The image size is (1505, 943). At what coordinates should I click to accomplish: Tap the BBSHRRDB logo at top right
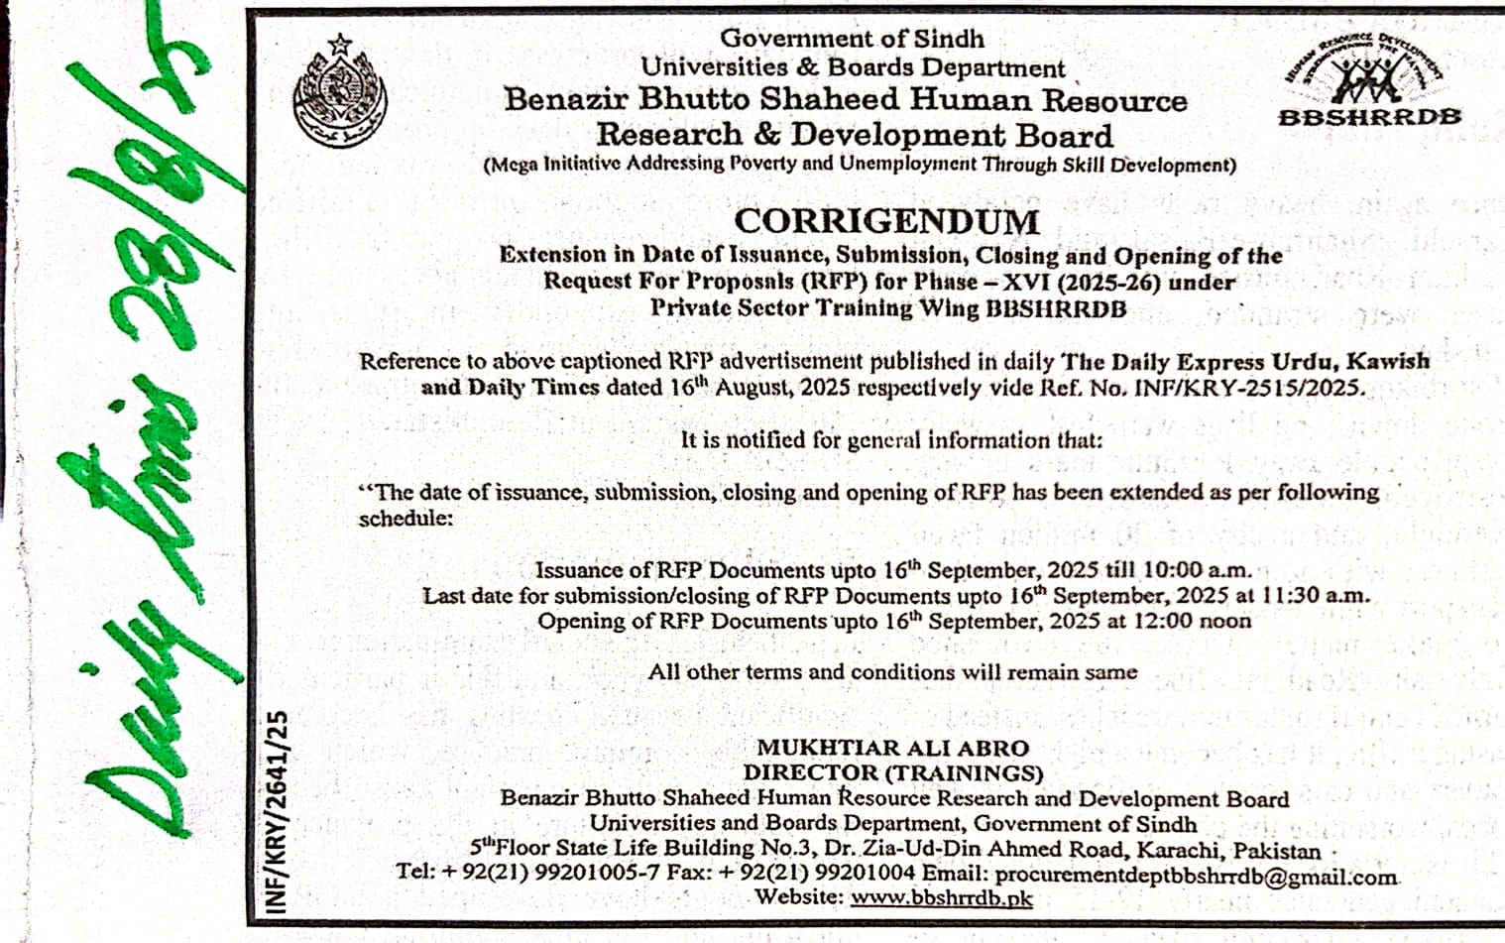(1369, 83)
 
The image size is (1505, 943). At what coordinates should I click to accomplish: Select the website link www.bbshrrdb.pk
(941, 898)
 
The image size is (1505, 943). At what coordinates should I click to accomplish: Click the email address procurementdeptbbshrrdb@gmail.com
(1196, 875)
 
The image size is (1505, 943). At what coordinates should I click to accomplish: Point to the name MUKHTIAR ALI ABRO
(892, 748)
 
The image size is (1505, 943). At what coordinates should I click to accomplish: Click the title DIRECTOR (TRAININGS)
(893, 772)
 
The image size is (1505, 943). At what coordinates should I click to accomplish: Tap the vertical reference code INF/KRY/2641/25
(277, 810)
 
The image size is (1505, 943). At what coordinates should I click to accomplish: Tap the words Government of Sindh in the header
(852, 39)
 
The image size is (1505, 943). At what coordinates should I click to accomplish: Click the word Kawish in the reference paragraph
(1393, 361)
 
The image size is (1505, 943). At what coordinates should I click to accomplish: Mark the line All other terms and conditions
(892, 672)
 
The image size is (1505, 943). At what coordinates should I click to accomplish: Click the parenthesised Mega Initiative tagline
(860, 165)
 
